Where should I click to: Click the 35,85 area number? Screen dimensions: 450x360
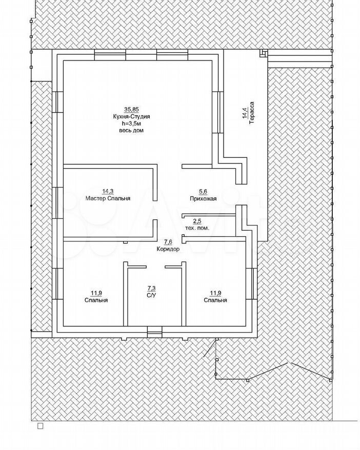[x=131, y=109]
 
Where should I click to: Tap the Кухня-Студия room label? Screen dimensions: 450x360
[x=131, y=116]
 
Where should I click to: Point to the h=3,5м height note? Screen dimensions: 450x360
[x=131, y=124]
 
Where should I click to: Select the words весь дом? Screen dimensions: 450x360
[x=131, y=131]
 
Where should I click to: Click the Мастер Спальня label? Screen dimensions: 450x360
[x=108, y=198]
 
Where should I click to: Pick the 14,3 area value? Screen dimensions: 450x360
[x=108, y=191]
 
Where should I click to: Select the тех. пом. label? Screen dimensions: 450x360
[x=197, y=228]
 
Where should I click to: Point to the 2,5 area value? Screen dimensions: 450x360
[x=197, y=221]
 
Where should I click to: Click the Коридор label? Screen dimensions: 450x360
[x=168, y=249]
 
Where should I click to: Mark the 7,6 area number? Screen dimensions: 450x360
[x=168, y=241]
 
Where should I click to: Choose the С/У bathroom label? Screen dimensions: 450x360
[x=152, y=296]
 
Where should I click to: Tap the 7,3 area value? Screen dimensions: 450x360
[x=152, y=289]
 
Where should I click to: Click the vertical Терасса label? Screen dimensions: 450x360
[x=252, y=113]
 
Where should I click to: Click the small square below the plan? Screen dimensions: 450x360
[x=41, y=425]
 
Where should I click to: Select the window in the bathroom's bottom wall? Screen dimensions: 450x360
[x=154, y=332]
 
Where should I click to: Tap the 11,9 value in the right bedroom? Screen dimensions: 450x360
[x=215, y=293]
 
